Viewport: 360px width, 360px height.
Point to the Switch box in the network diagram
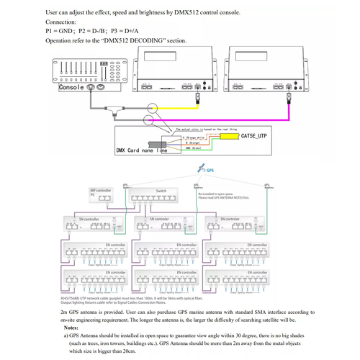point(161,195)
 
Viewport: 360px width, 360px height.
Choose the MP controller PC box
point(101,194)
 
